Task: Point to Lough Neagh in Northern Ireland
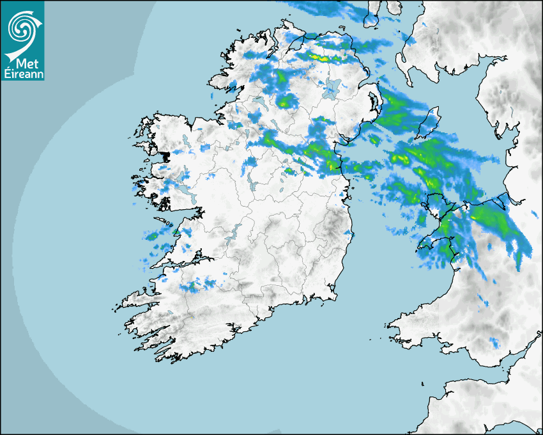pyautogui.click(x=332, y=87)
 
